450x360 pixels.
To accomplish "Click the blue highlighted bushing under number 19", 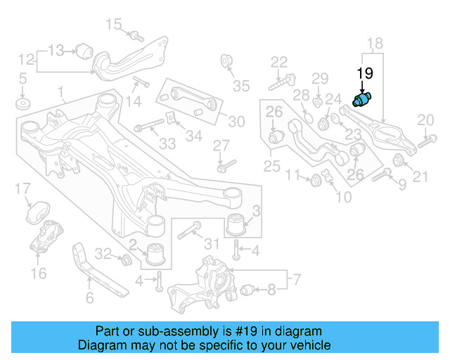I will [x=365, y=100].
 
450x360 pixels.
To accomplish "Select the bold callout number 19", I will [x=365, y=73].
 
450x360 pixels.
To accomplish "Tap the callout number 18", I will [x=375, y=43].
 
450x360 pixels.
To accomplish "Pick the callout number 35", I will [x=241, y=86].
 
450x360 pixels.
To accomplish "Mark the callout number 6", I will [x=89, y=298].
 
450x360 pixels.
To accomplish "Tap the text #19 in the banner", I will [x=255, y=330].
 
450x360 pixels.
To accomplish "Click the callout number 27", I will [x=221, y=146].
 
